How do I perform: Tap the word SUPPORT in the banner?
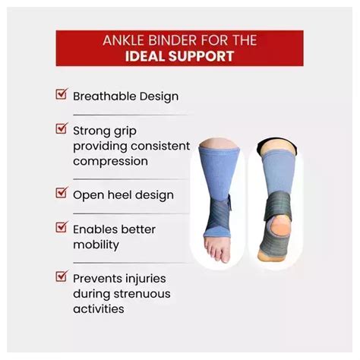coord(201,56)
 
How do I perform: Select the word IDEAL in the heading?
coord(145,56)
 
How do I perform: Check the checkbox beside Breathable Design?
coord(62,93)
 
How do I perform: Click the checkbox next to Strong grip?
coord(62,128)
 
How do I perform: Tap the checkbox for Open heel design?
coord(62,192)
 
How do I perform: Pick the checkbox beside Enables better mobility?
coord(62,227)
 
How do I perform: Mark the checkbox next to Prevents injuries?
coord(62,276)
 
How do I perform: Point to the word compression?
coord(111,161)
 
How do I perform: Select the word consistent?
coord(160,146)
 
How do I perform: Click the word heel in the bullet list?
coord(120,195)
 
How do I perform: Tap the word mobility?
coord(96,245)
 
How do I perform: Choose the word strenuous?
coord(142,294)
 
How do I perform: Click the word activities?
coord(99,309)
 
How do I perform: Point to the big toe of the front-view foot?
coord(226,256)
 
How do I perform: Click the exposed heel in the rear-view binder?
coord(279,225)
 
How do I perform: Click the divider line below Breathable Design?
coord(131,115)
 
